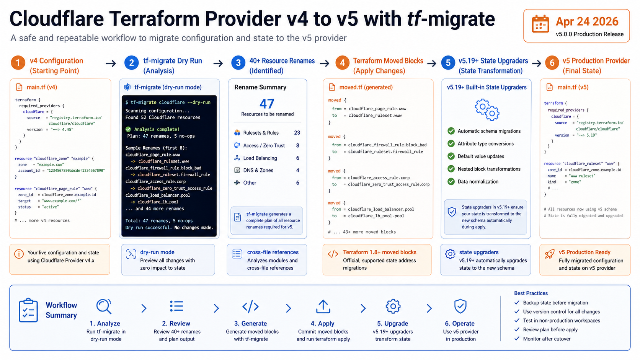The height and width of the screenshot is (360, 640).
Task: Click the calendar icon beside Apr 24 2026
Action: [x=540, y=24]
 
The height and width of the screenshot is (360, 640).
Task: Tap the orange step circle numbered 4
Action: [x=342, y=63]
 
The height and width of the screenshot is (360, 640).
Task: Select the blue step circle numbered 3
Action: [x=238, y=63]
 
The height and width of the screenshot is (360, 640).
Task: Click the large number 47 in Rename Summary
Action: [x=267, y=104]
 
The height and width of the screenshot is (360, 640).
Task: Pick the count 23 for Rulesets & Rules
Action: [x=297, y=133]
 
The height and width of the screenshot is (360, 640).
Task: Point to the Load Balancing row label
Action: [x=260, y=158]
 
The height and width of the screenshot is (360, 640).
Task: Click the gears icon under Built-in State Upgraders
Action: [x=487, y=110]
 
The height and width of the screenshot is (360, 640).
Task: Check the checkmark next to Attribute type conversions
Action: [x=451, y=143]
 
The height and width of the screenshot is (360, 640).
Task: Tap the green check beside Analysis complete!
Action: [x=128, y=129]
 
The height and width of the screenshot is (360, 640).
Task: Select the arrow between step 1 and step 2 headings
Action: [x=111, y=64]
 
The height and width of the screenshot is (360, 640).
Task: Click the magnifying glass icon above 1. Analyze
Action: [x=104, y=306]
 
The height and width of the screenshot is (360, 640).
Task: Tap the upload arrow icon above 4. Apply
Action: [x=323, y=306]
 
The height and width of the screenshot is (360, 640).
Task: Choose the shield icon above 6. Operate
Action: [x=460, y=306]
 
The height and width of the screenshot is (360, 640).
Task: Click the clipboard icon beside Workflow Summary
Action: [x=28, y=310]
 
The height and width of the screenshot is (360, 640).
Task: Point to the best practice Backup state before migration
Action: [x=555, y=303]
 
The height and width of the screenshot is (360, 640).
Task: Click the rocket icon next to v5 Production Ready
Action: [x=549, y=254]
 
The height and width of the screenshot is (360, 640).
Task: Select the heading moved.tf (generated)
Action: [x=366, y=87]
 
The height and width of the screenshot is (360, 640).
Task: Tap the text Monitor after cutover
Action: [x=547, y=339]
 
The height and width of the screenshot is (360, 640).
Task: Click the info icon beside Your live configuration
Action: [x=19, y=254]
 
